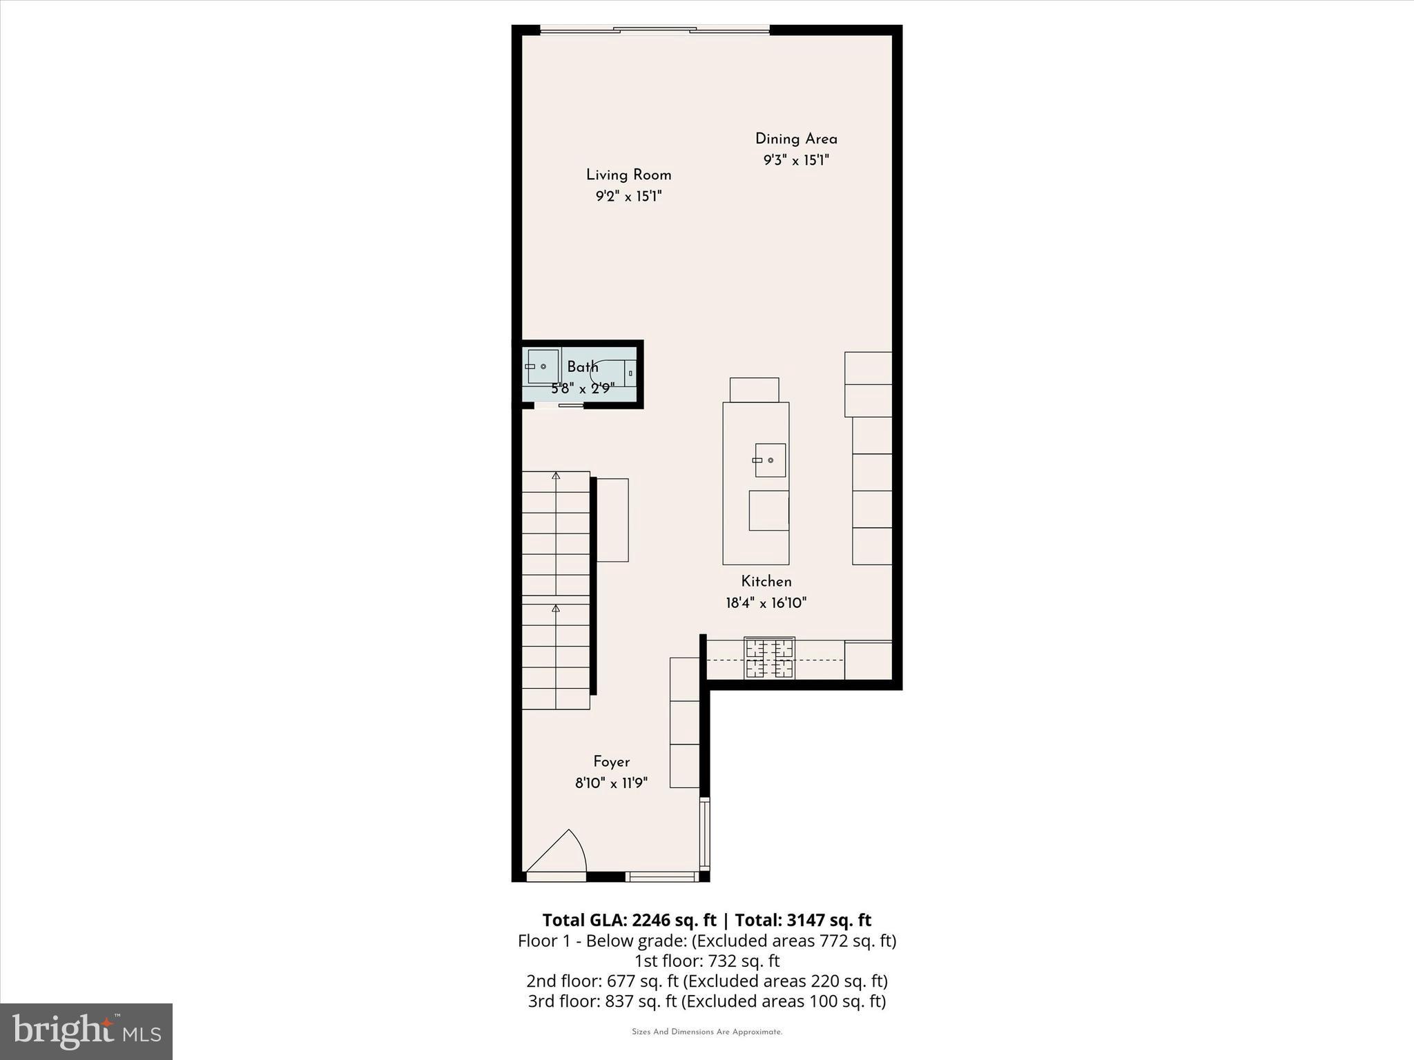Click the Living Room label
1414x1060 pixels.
pos(628,175)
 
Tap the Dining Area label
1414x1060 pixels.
pos(795,139)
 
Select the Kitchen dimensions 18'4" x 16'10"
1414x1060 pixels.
pos(766,603)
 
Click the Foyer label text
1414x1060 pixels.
pos(611,762)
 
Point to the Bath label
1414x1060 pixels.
pos(582,366)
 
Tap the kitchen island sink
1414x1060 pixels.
pos(770,460)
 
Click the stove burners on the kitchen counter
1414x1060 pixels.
pos(769,658)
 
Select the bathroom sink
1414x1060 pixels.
pos(542,366)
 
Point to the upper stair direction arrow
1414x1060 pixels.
pos(556,475)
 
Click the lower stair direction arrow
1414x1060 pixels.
pos(556,608)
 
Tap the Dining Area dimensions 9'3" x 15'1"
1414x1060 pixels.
pos(795,160)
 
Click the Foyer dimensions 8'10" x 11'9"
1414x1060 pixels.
pos(611,783)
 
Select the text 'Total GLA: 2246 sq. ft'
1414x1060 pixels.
pos(629,920)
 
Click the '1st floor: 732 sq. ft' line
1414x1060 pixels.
pos(707,961)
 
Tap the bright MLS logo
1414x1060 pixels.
pos(86,1031)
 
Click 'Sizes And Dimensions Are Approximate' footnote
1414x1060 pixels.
pos(707,1032)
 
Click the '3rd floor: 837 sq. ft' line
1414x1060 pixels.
pos(707,1001)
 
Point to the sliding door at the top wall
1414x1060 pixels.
pos(654,30)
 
